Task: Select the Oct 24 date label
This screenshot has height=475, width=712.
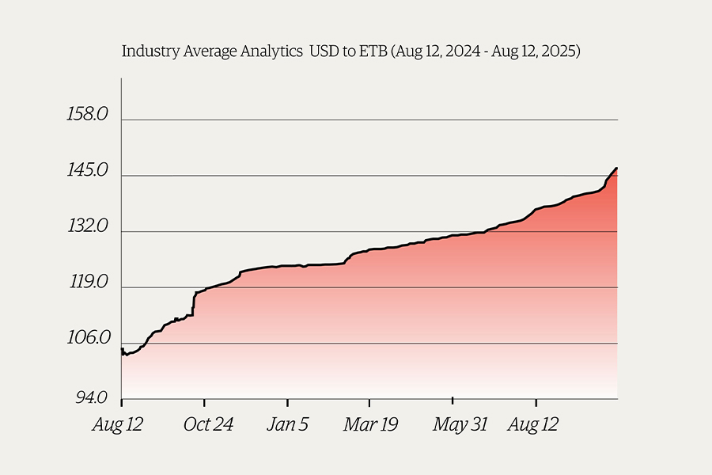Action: (x=208, y=425)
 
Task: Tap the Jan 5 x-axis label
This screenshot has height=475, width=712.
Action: (x=287, y=425)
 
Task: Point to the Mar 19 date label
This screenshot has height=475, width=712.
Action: (x=370, y=425)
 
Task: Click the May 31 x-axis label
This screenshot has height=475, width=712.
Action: (x=460, y=425)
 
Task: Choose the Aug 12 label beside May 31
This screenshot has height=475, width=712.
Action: (x=532, y=425)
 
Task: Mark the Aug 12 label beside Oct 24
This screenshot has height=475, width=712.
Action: (x=119, y=425)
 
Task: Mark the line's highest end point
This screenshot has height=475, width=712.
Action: (x=616, y=168)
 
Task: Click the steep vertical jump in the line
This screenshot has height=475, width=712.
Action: (x=194, y=304)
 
